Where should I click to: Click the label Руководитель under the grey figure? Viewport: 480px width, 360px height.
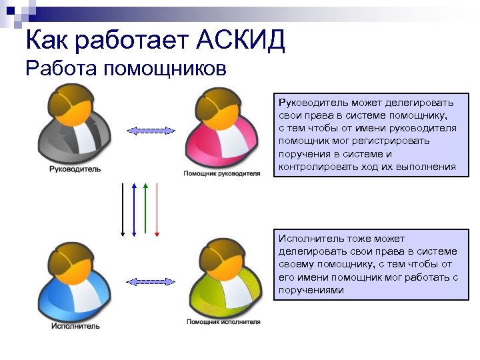(x=75, y=169)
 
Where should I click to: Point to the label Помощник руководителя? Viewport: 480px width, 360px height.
(x=222, y=173)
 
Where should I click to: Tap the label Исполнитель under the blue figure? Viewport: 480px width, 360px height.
(x=75, y=326)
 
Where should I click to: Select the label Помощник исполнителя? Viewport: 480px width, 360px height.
(x=223, y=323)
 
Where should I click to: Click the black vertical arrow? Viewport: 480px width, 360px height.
(x=123, y=209)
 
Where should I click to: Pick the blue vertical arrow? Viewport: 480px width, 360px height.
(x=134, y=209)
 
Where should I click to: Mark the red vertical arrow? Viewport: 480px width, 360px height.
(x=156, y=209)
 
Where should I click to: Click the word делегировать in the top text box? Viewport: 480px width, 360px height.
(x=423, y=103)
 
